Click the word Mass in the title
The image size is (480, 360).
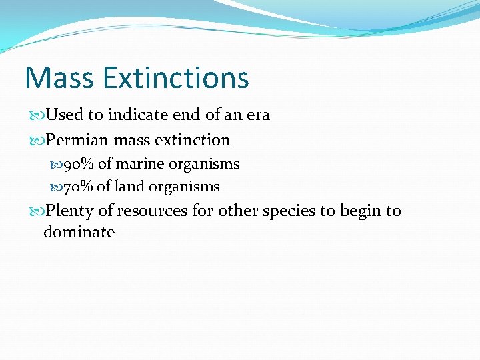coord(59,77)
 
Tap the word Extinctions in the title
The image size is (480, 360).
coord(176,77)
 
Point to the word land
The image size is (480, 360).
coord(129,187)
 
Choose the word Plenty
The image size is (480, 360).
coord(70,211)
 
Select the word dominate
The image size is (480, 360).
coord(79,233)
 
